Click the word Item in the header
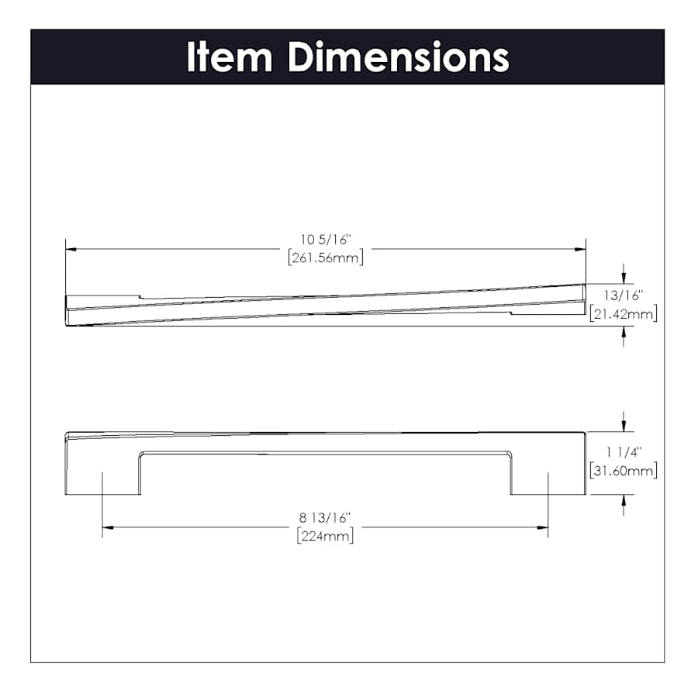230,57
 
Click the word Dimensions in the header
399,57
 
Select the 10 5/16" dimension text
326,240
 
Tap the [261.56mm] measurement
326,257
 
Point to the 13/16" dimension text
624,295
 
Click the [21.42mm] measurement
624,314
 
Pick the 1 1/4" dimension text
624,452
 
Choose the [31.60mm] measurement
624,471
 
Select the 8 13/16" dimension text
325,518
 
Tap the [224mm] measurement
325,535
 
